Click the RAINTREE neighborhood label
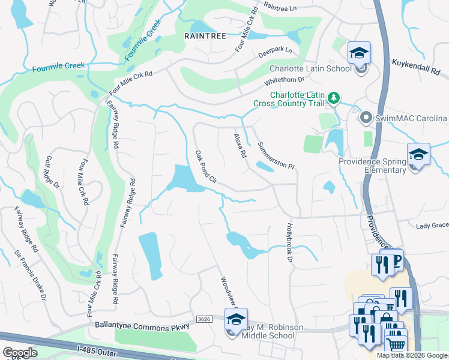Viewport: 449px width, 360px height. click(x=205, y=36)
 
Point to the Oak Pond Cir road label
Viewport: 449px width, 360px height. click(x=205, y=166)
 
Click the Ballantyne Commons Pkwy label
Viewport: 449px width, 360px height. click(x=142, y=325)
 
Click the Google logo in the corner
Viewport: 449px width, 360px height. click(x=20, y=352)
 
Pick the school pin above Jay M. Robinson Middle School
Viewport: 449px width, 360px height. click(x=236, y=319)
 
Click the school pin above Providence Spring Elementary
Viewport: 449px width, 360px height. click(x=418, y=155)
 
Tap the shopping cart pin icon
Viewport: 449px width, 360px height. click(x=395, y=344)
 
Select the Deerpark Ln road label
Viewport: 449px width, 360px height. click(x=276, y=50)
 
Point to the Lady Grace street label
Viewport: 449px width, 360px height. click(x=432, y=226)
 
